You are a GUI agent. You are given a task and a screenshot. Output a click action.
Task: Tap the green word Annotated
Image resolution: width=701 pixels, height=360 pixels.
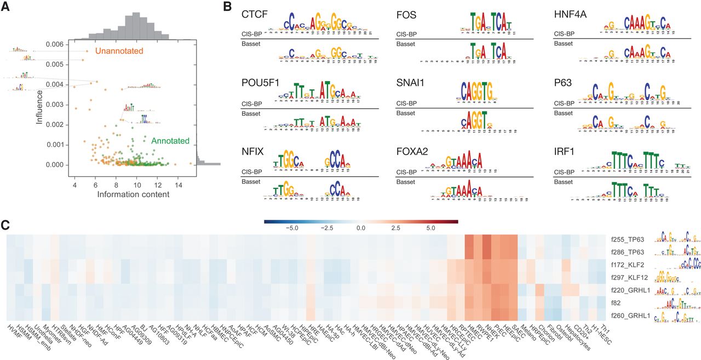click(170, 141)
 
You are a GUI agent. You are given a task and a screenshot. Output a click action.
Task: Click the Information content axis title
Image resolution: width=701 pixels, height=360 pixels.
click(133, 195)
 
